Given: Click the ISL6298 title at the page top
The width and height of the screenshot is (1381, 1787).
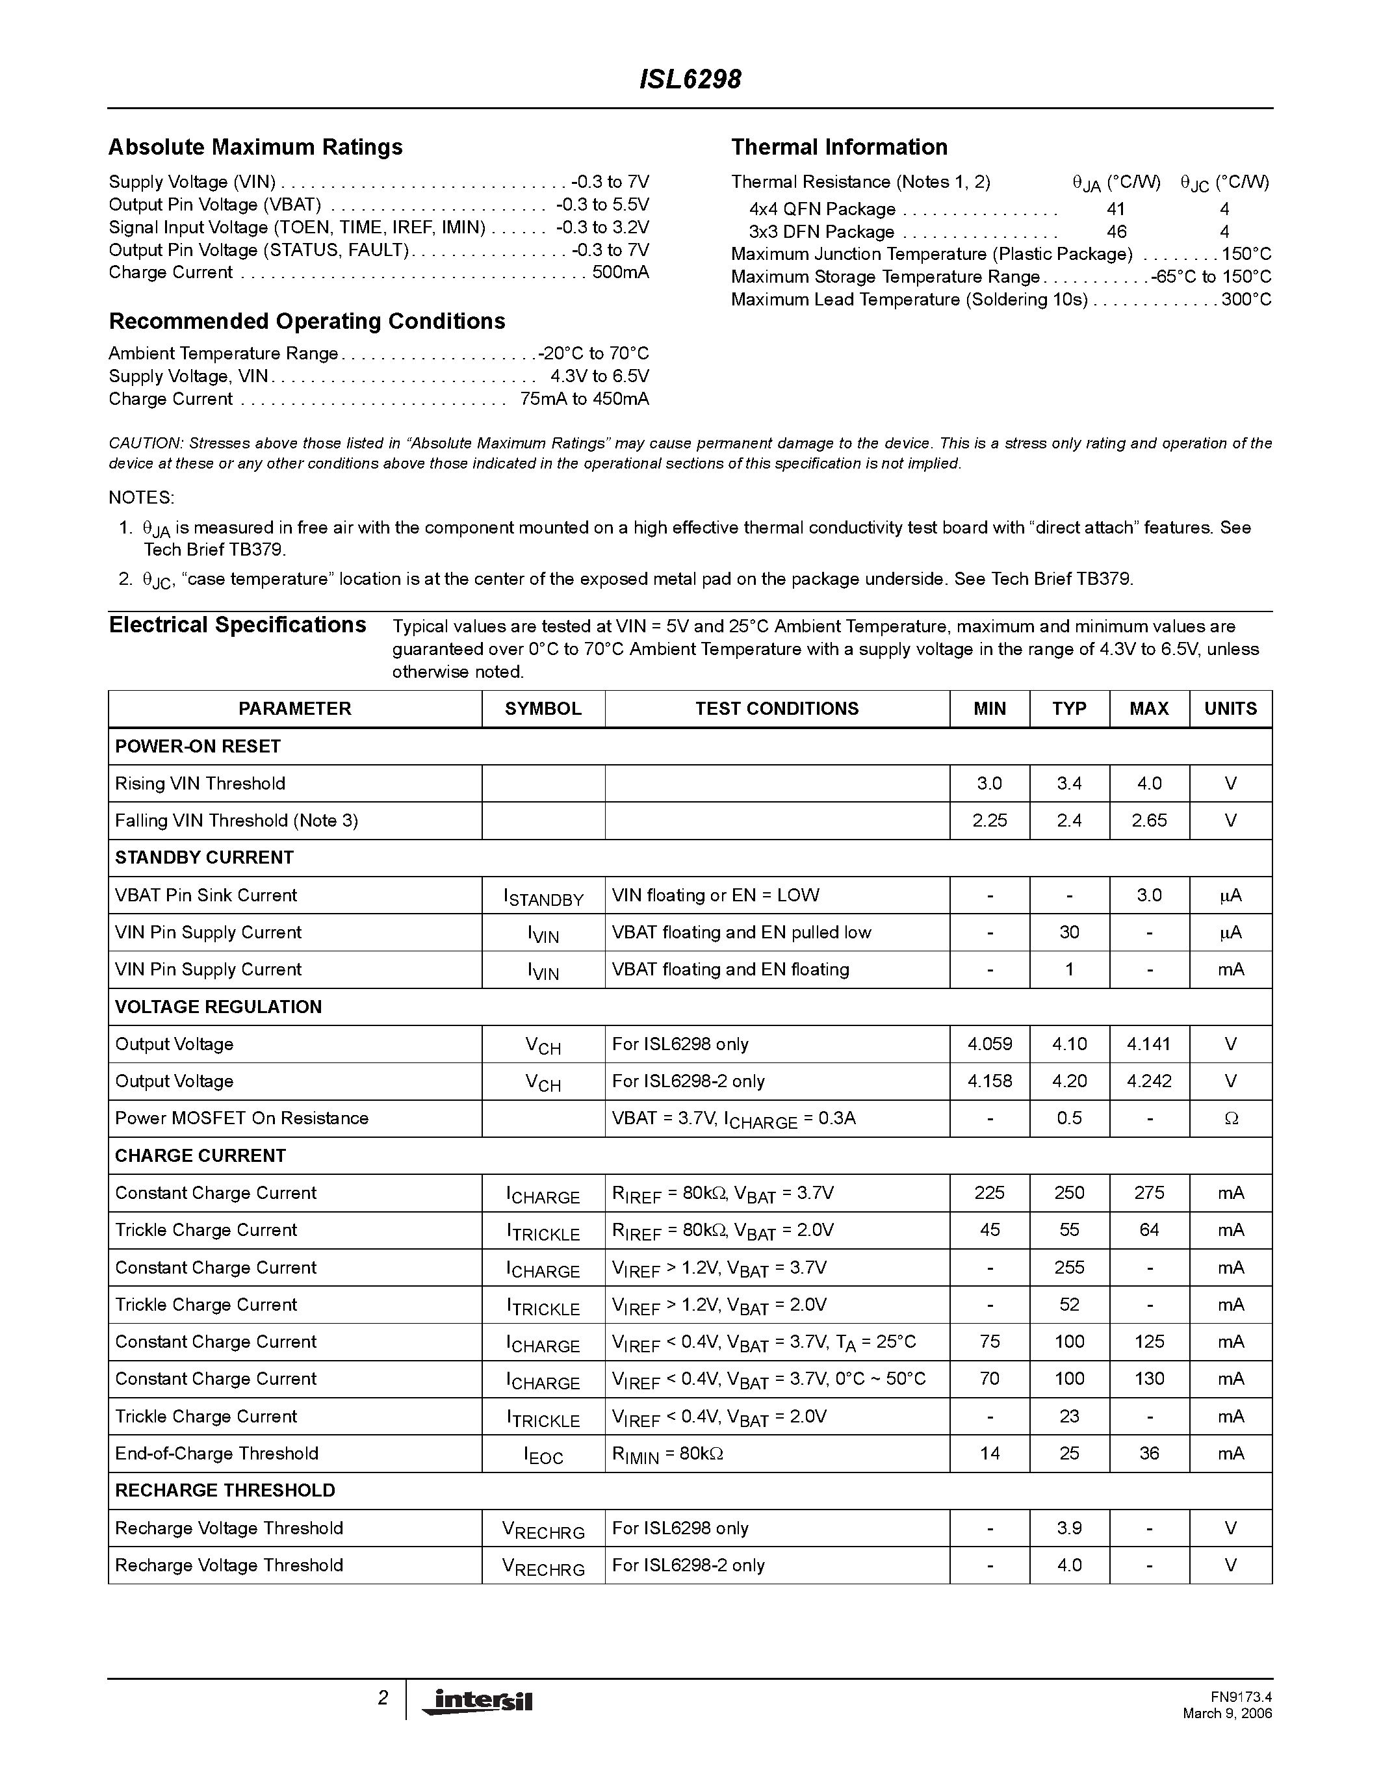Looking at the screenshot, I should pyautogui.click(x=690, y=79).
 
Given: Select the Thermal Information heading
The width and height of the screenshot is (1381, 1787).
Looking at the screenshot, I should pyautogui.click(x=838, y=148).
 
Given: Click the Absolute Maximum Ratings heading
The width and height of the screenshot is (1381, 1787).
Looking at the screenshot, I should pyautogui.click(x=255, y=148).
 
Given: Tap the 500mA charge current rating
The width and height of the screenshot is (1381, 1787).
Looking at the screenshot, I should pyautogui.click(x=620, y=272).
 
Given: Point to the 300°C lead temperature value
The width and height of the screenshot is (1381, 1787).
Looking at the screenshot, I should pyautogui.click(x=1246, y=300).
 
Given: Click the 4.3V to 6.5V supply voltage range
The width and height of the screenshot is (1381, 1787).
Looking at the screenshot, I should pyautogui.click(x=599, y=376).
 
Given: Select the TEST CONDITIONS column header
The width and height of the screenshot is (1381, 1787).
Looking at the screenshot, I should pyautogui.click(x=777, y=708).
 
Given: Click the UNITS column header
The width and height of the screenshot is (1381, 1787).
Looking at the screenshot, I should pyautogui.click(x=1230, y=708).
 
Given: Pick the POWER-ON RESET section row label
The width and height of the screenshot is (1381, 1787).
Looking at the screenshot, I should pyautogui.click(x=198, y=746).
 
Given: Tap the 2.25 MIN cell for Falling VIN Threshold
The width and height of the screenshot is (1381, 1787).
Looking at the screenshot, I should pyautogui.click(x=989, y=821).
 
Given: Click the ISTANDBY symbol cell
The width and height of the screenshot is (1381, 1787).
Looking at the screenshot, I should pyautogui.click(x=543, y=897).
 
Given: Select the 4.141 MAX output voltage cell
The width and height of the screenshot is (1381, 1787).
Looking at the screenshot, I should pyautogui.click(x=1148, y=1045).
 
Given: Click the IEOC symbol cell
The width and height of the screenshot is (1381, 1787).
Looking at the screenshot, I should pyautogui.click(x=543, y=1456).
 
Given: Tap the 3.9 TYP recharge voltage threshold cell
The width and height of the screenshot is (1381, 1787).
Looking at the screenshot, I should pyautogui.click(x=1069, y=1528).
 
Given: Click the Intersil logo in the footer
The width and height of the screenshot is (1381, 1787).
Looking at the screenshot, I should pyautogui.click(x=478, y=1701).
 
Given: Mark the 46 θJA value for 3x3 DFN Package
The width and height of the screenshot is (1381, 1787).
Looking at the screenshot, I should pyautogui.click(x=1116, y=233).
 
